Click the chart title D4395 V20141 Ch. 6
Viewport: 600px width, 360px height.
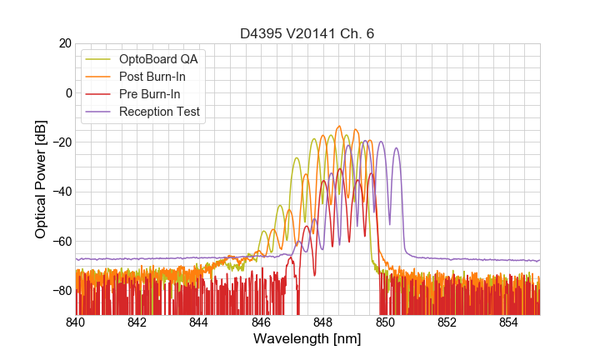[x=307, y=33]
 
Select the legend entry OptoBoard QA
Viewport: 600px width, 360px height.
[x=159, y=59]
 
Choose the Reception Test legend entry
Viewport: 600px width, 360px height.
[x=160, y=112]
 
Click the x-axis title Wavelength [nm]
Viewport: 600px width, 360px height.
[x=307, y=340]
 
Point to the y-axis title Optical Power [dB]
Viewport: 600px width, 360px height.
[x=40, y=179]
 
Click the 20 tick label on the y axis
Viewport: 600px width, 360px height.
[x=63, y=43]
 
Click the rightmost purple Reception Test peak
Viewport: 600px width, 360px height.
[x=397, y=148]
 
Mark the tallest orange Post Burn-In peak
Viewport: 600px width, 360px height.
[x=339, y=127]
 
